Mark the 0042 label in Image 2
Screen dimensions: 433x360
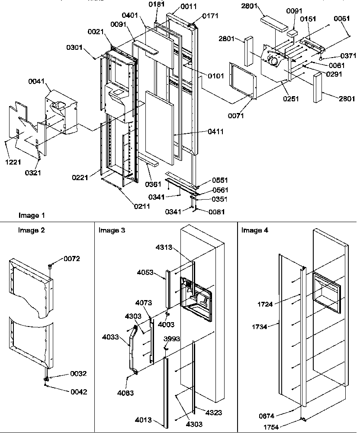click(78, 392)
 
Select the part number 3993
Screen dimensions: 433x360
click(172, 339)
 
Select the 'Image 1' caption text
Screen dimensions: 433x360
click(32, 215)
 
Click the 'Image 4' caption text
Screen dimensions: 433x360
click(254, 230)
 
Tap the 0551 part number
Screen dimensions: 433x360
click(220, 180)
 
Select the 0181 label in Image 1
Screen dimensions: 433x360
click(157, 5)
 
